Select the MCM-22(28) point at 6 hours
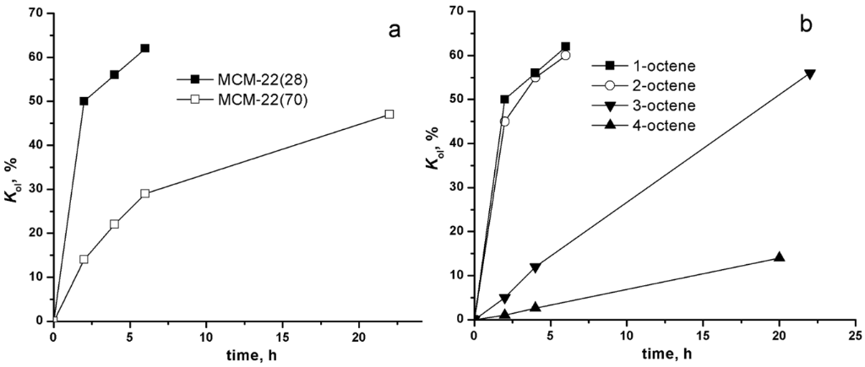coord(144,48)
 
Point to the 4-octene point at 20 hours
coord(780,257)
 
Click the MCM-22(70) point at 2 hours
coord(84,259)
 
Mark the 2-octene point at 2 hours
coord(504,121)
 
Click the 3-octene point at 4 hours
coord(535,267)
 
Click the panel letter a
coord(393,30)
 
